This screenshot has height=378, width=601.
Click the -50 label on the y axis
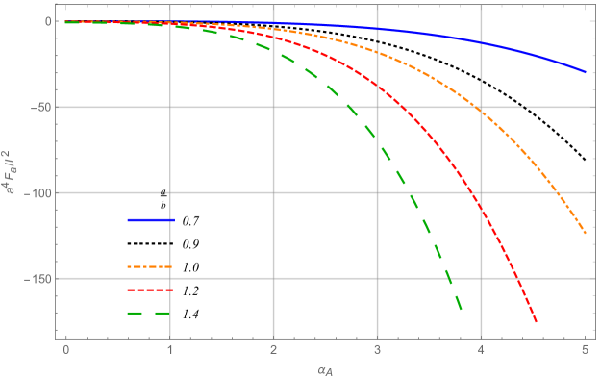(38, 108)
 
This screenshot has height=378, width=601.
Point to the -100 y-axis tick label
(36, 193)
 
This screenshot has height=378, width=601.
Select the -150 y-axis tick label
(36, 279)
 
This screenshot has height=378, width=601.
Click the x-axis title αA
(326, 367)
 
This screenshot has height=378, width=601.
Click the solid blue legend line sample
(150, 220)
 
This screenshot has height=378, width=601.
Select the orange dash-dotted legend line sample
(149, 266)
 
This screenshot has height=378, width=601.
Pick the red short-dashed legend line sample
(149, 290)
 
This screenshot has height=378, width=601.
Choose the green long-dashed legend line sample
(149, 314)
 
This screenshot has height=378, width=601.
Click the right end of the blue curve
(586, 72)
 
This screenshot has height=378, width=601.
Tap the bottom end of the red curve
(537, 322)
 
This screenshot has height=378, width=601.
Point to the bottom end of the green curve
(462, 311)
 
